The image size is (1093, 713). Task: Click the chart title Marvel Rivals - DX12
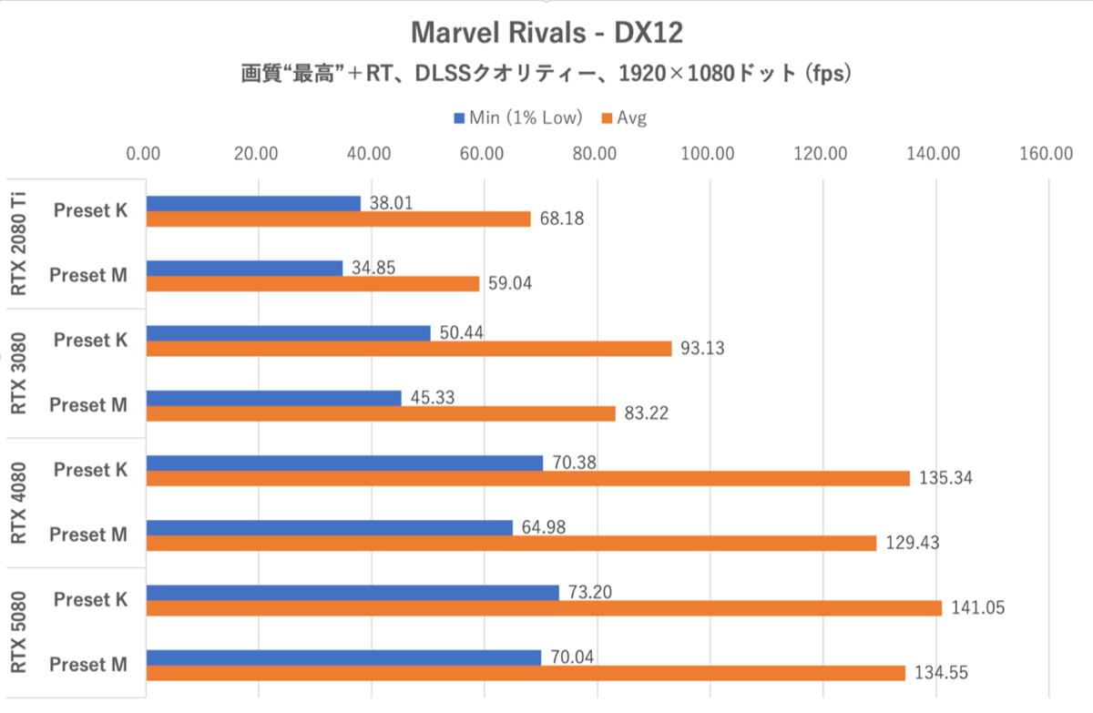tap(546, 33)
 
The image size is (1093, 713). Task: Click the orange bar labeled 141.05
tap(544, 607)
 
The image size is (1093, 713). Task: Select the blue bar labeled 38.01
tap(253, 203)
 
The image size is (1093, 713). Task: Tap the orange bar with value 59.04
tap(312, 283)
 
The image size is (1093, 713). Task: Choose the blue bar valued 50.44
tap(288, 333)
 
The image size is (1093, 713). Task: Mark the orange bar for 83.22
tap(381, 413)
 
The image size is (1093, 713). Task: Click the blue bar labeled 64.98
tap(329, 527)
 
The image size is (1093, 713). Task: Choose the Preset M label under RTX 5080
tap(89, 665)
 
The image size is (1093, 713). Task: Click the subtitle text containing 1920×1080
tap(546, 75)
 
